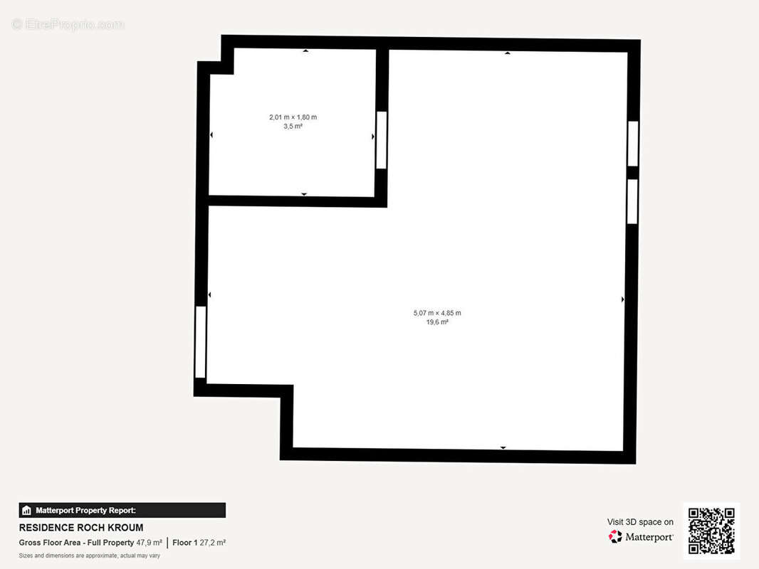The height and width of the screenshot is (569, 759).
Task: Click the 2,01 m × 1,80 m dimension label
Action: [293, 117]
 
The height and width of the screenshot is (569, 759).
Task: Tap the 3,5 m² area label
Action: [293, 126]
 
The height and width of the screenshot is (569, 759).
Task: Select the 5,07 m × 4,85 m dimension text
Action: [437, 313]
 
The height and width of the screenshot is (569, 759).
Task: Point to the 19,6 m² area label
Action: [437, 322]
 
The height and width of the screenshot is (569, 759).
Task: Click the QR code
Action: [711, 531]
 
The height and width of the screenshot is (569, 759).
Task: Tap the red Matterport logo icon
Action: [615, 536]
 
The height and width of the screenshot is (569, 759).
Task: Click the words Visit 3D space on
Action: [640, 522]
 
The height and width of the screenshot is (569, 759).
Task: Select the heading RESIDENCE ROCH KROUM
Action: [81, 528]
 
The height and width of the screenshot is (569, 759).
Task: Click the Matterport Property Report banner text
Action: [85, 511]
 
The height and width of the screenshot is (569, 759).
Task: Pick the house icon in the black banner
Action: [26, 511]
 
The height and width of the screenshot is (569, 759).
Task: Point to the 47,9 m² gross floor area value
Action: [149, 543]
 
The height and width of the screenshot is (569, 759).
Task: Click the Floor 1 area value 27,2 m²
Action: [212, 543]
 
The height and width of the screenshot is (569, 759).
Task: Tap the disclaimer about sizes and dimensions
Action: [90, 555]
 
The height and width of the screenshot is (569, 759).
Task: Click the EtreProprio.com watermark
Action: [68, 24]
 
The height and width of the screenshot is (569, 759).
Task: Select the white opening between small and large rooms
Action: [382, 140]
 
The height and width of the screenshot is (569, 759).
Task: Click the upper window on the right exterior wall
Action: [633, 144]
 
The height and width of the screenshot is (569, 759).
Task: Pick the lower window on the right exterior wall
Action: [632, 201]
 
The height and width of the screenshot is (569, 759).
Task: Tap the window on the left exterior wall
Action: [200, 342]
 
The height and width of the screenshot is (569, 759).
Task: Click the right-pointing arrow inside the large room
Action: [622, 299]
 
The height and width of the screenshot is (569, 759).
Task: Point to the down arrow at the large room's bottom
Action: [503, 448]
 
